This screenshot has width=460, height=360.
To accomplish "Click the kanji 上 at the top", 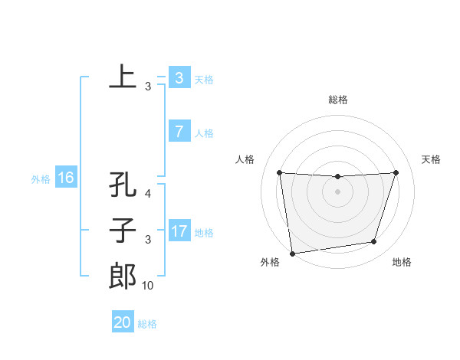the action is (x=123, y=77).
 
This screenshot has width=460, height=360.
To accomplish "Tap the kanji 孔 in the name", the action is (x=123, y=185).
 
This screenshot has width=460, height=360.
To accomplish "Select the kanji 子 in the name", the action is (x=123, y=231).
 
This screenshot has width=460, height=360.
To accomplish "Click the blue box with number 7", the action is (x=179, y=132).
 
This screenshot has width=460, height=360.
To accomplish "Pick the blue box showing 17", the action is (x=179, y=231).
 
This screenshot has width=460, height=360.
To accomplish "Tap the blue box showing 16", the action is (x=65, y=178).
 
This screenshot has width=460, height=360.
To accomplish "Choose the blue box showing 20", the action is (x=123, y=322).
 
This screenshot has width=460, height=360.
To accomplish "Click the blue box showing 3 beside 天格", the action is (x=179, y=78).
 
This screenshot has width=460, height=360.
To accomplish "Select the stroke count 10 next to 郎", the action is (x=147, y=286).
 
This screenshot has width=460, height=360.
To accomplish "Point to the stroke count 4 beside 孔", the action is (x=148, y=194).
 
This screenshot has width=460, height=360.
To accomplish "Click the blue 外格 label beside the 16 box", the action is (x=41, y=179).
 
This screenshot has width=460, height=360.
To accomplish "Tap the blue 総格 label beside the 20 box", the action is (x=147, y=324).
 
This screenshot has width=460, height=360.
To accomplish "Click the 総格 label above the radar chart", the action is (x=337, y=100).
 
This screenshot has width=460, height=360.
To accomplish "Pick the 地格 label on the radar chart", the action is (x=402, y=262).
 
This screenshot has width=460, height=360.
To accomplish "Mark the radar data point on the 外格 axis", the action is (x=292, y=253).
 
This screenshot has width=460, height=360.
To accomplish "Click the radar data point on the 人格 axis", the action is (x=279, y=172).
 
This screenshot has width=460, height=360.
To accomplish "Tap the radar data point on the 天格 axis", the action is (x=396, y=172).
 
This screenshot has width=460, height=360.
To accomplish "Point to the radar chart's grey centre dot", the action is (x=337, y=191).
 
